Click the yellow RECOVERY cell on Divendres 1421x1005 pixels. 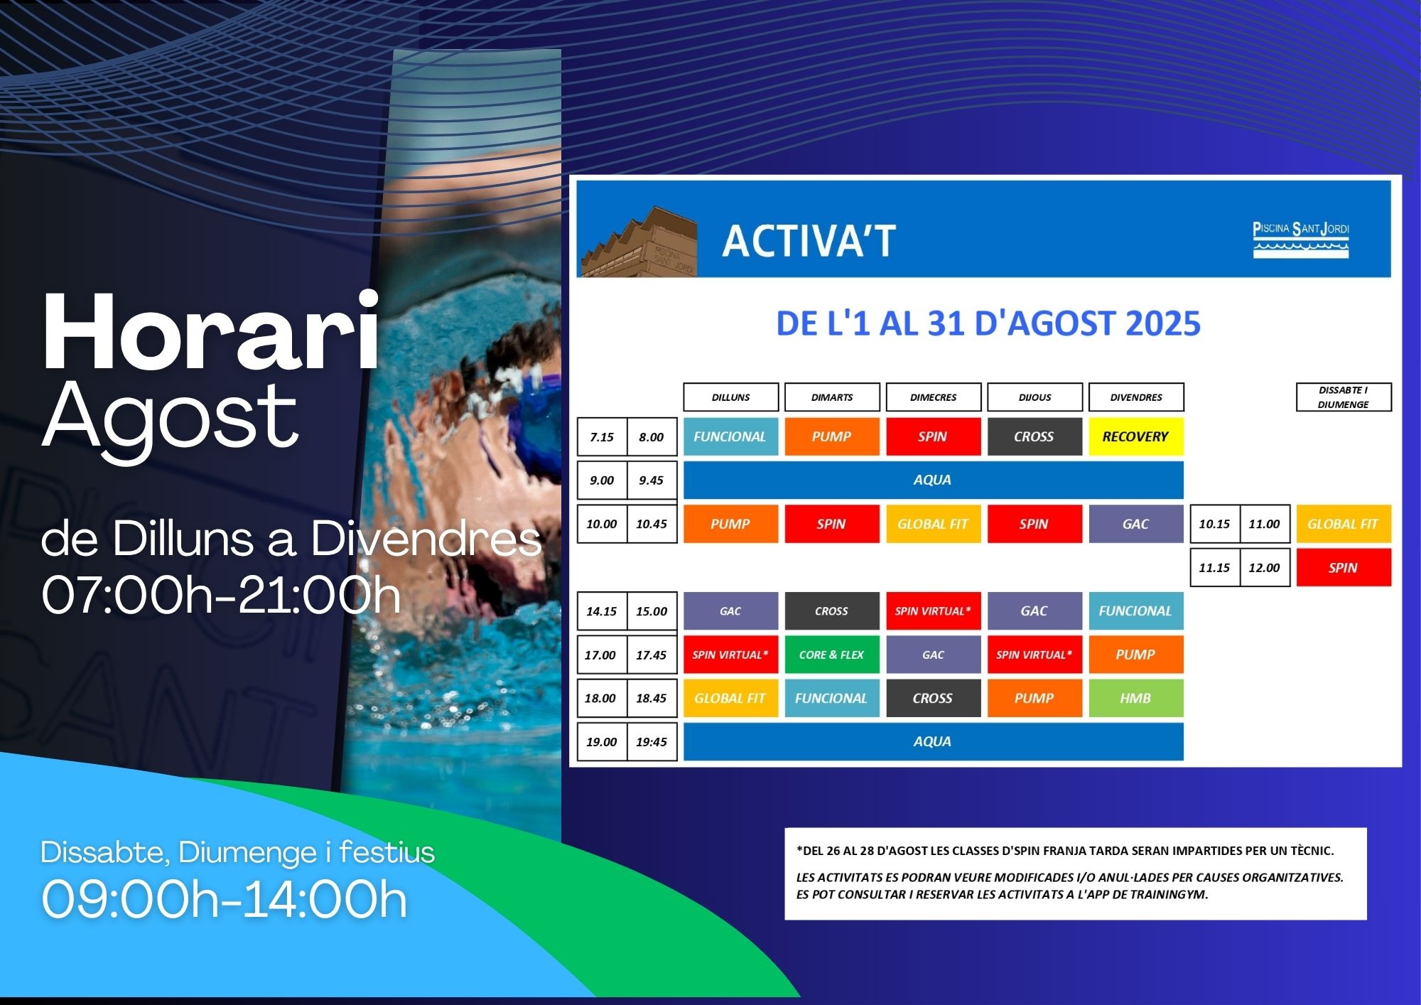coord(1135,436)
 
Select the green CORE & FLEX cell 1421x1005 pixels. coord(831,655)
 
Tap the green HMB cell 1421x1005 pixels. coord(1135,698)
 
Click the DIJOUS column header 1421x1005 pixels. coord(1034,397)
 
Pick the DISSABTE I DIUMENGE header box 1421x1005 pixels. coord(1344,397)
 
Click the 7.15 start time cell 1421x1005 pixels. coord(602,436)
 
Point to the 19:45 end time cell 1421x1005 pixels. coord(652,741)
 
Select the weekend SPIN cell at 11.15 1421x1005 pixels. coord(1343,567)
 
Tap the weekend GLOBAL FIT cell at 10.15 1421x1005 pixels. coord(1343,524)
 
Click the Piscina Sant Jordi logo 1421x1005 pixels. coord(1300,240)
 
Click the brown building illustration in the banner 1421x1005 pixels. coord(639,242)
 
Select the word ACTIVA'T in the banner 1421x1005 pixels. coord(809,241)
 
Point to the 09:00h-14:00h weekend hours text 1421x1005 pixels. coord(225,900)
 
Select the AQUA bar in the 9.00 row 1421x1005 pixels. coord(933,480)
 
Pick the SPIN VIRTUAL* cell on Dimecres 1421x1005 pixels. coord(933,611)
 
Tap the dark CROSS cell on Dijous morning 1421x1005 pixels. coord(1034,436)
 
